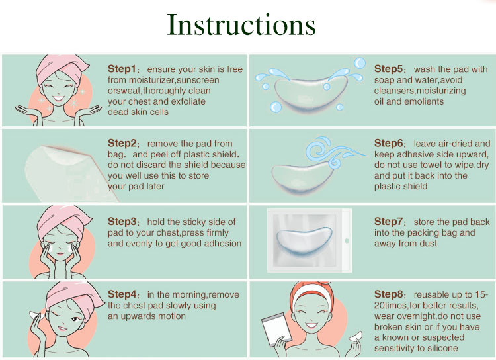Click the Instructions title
click(x=241, y=25)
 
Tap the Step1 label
click(x=122, y=69)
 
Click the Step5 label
click(x=388, y=69)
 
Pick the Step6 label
click(x=388, y=143)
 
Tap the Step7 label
click(x=388, y=221)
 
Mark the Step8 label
click(x=388, y=294)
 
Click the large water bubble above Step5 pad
click(x=360, y=63)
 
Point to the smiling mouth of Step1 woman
click(x=59, y=99)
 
